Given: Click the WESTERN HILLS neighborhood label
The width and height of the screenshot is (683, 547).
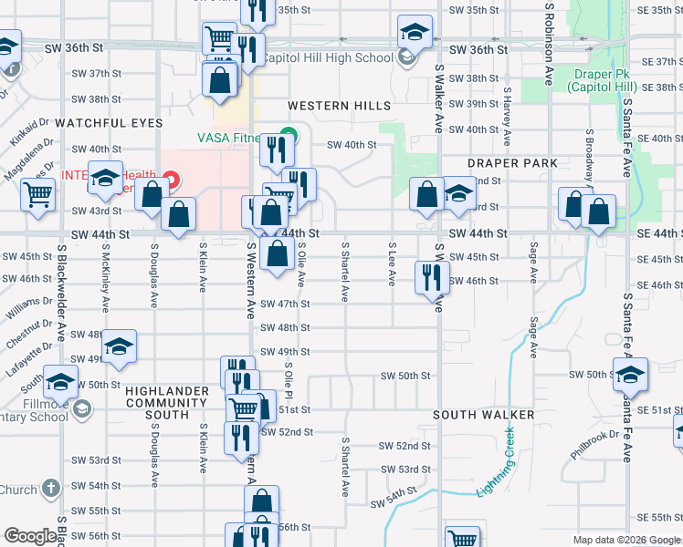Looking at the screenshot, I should (341, 106).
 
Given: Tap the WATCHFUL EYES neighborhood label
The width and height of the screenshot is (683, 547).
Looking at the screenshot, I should (109, 122).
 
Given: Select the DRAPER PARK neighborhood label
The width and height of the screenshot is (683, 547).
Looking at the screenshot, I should (512, 163).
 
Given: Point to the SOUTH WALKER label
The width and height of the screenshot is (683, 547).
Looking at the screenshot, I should (484, 415).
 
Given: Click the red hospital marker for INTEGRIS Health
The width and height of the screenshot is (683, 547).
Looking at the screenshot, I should (169, 175).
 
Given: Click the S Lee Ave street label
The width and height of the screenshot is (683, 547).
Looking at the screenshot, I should (392, 264).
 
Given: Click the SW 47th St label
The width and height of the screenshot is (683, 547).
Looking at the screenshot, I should (286, 304).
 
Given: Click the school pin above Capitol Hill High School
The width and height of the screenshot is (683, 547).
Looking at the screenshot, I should (415, 32).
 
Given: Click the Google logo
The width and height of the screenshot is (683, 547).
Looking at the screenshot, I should (30, 536).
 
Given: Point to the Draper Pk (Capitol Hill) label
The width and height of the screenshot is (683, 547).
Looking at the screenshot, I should (601, 80).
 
